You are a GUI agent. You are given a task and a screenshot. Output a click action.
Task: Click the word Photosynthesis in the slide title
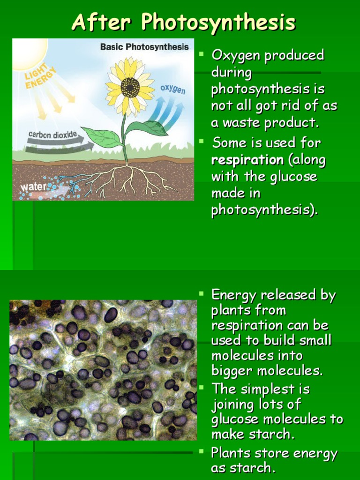(218, 22)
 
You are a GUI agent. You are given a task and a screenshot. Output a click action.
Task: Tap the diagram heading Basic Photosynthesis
(144, 47)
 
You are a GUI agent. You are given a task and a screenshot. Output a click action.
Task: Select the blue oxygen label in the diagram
(173, 89)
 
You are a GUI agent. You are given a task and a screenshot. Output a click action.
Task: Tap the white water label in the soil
(33, 187)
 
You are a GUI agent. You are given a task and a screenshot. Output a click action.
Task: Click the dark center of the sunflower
(130, 87)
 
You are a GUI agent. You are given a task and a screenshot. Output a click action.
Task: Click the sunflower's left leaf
(103, 137)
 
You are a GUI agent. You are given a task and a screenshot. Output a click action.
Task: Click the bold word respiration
(247, 160)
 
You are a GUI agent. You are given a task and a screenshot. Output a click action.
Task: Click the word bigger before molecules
(231, 371)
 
